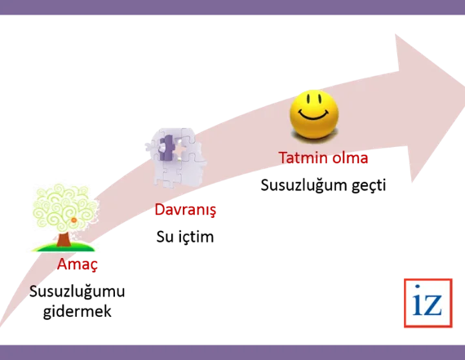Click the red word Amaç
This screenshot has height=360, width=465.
(77, 264)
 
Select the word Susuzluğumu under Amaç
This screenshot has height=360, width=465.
(77, 291)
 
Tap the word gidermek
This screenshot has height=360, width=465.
(77, 311)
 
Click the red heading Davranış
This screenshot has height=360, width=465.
(185, 210)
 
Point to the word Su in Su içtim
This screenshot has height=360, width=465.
(165, 237)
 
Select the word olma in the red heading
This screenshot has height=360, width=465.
(350, 158)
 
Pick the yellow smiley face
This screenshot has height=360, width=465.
(314, 115)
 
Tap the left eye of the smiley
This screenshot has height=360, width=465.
(308, 99)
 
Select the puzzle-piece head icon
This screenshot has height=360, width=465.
(175, 158)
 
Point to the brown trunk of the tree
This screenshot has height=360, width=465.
(63, 239)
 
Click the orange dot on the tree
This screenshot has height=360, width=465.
(74, 220)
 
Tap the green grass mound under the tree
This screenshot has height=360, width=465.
(63, 247)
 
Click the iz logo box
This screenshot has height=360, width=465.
(428, 303)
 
